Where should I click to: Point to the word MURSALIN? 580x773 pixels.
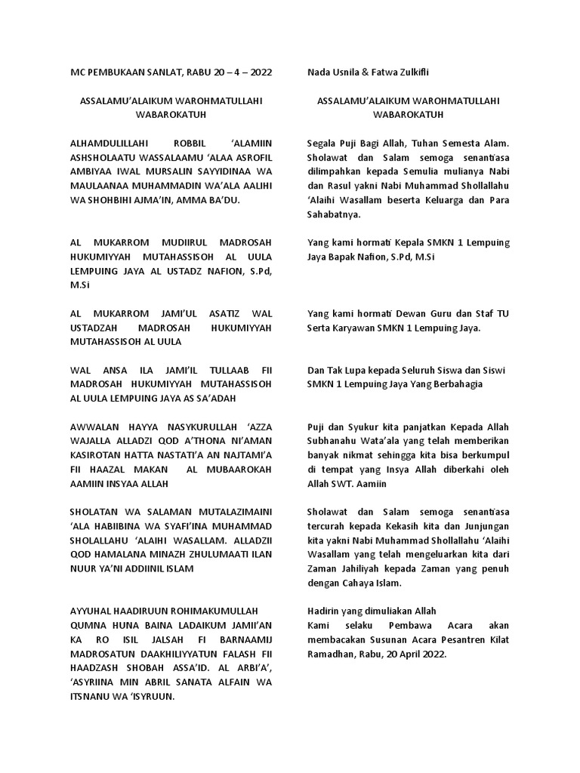(x=159, y=171)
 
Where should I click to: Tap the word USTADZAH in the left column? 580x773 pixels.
(x=93, y=327)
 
